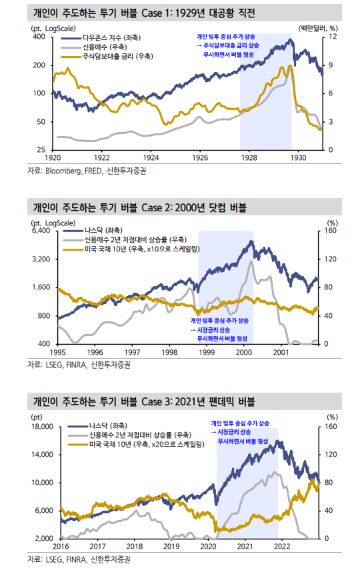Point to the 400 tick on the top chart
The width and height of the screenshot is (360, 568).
point(39,37)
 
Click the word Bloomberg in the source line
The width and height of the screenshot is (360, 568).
point(64,171)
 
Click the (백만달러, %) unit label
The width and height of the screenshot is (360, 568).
point(317,28)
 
